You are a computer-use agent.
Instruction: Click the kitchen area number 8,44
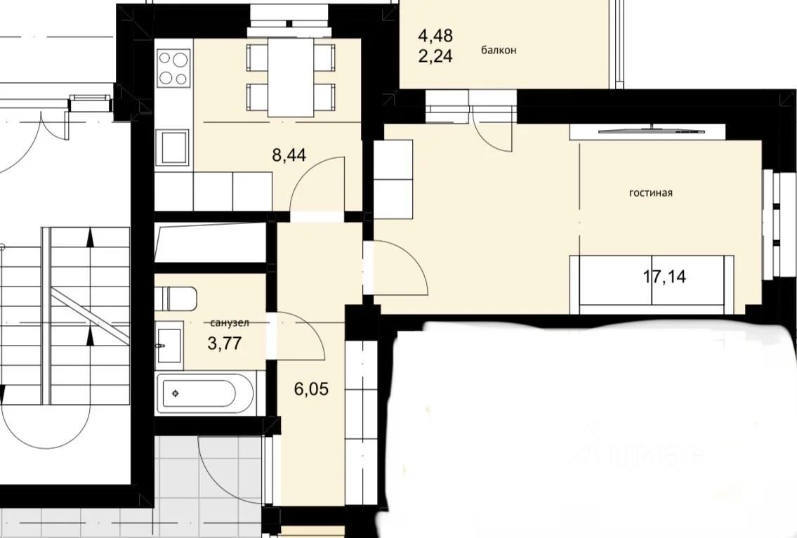[x=289, y=154]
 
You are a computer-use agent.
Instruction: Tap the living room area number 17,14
[x=664, y=277]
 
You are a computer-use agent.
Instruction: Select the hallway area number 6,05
[x=311, y=389]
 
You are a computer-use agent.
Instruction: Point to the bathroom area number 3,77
[x=225, y=343]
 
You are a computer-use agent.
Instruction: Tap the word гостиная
[x=651, y=192]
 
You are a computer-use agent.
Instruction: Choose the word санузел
[x=229, y=323]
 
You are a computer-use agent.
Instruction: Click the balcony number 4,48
[x=435, y=36]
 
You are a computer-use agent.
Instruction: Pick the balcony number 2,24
[x=435, y=56]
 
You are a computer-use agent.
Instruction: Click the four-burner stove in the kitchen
[x=173, y=68]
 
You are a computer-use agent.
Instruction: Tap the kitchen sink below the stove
[x=172, y=147]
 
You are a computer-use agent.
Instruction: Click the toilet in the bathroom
[x=176, y=298]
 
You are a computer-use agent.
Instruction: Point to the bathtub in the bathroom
[x=205, y=393]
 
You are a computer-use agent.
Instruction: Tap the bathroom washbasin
[x=169, y=346]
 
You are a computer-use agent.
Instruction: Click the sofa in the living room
[x=652, y=284]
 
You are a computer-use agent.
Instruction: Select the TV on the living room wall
[x=652, y=131]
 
